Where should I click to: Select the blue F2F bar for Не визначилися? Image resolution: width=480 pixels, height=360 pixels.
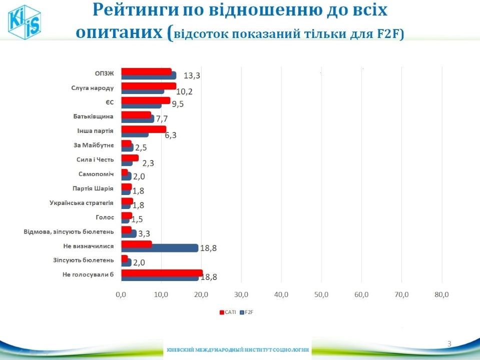click(x=160, y=248)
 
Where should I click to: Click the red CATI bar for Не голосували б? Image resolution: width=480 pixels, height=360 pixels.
click(x=162, y=273)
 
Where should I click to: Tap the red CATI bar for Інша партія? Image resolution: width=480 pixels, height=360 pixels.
click(x=144, y=129)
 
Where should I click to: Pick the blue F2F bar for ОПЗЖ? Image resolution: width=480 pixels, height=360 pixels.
click(x=149, y=75)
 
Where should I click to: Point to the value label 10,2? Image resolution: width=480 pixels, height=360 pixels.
click(x=185, y=91)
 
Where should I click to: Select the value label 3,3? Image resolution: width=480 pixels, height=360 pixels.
click(x=145, y=233)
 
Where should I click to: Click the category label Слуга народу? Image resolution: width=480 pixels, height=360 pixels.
click(x=93, y=88)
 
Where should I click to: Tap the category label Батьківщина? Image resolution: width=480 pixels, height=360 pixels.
click(x=90, y=117)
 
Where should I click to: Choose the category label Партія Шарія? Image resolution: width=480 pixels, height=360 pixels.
click(x=90, y=188)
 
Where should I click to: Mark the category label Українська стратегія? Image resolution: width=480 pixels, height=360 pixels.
click(x=82, y=203)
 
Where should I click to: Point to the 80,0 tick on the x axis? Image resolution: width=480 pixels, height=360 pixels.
click(x=441, y=295)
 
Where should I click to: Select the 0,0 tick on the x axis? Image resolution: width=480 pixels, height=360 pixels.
click(x=121, y=295)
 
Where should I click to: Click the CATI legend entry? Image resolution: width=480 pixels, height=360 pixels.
click(x=228, y=312)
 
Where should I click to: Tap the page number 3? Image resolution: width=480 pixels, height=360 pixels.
click(x=449, y=343)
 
